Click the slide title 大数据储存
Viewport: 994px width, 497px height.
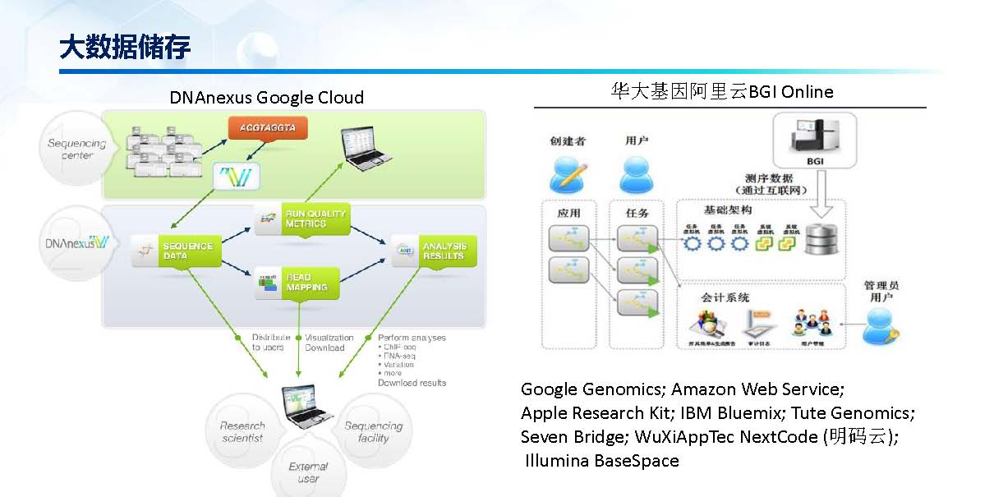point(125,48)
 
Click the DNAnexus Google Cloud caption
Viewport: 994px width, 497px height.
point(266,98)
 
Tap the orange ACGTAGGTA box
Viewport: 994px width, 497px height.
point(268,127)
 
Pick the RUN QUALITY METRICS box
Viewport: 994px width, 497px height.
point(301,219)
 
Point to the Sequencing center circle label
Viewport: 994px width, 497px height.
point(71,149)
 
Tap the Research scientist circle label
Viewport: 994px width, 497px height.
point(242,431)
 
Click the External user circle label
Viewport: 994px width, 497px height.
point(308,472)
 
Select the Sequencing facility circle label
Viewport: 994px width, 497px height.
point(374,431)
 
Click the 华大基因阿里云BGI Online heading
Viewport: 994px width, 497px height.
point(720,91)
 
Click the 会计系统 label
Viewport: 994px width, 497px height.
point(725,297)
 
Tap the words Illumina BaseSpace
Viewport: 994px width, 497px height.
point(602,461)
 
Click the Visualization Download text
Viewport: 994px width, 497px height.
point(329,343)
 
